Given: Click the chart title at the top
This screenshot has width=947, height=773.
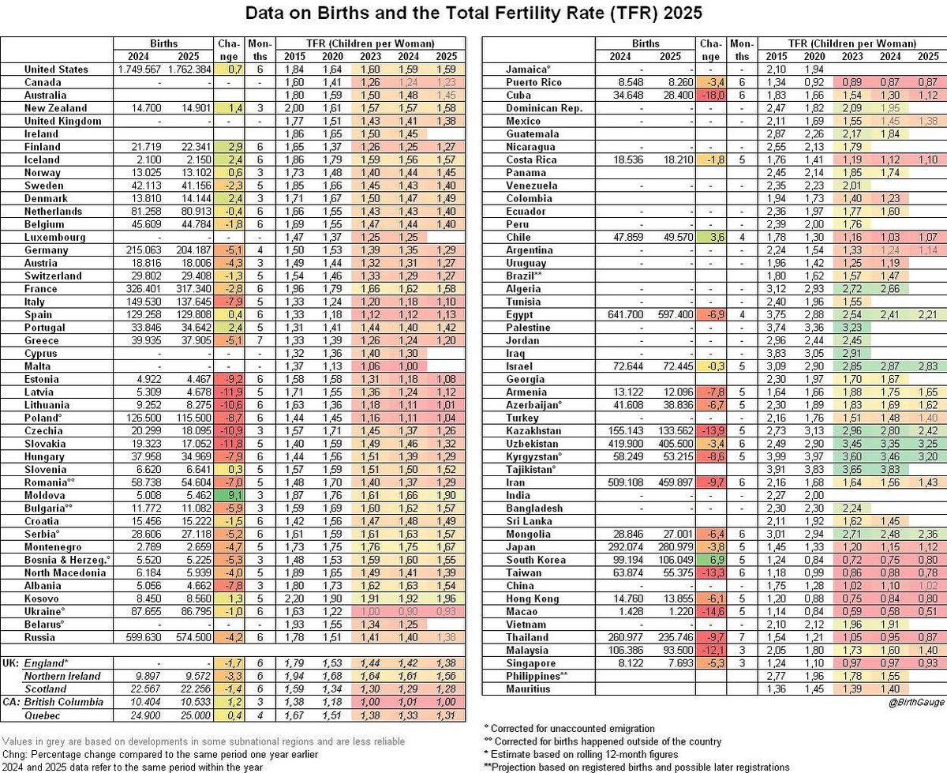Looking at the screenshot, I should pyautogui.click(x=473, y=14).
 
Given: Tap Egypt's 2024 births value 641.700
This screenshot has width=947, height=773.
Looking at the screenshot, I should pyautogui.click(x=622, y=315).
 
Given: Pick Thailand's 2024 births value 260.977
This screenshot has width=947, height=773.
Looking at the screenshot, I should pyautogui.click(x=622, y=637).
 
